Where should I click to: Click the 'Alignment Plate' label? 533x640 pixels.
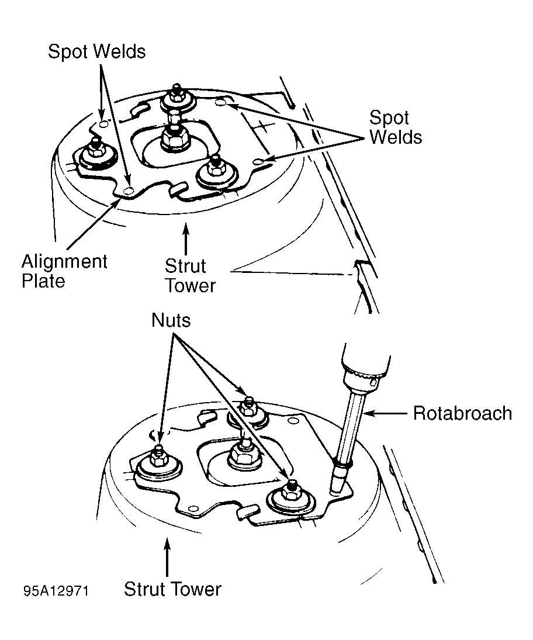(x=64, y=271)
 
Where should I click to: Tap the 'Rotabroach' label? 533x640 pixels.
(x=462, y=413)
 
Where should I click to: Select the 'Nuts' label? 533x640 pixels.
(x=171, y=320)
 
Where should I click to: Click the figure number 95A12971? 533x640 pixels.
(x=56, y=591)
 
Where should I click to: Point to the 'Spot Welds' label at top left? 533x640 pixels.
(x=97, y=52)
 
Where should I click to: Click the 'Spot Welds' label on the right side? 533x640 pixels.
(x=396, y=127)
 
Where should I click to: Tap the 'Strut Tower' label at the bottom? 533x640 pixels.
(x=172, y=589)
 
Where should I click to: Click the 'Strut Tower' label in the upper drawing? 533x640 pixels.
(x=190, y=276)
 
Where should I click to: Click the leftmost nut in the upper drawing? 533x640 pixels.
(x=96, y=150)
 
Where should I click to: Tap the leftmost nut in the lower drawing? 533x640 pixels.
(x=158, y=457)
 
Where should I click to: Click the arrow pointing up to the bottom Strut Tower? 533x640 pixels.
(x=167, y=557)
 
